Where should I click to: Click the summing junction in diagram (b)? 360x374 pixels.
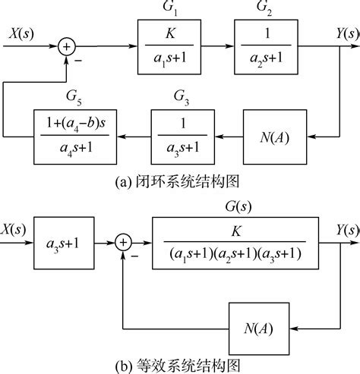click(x=124, y=242)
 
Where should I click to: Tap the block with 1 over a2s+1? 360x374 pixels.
click(x=265, y=48)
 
